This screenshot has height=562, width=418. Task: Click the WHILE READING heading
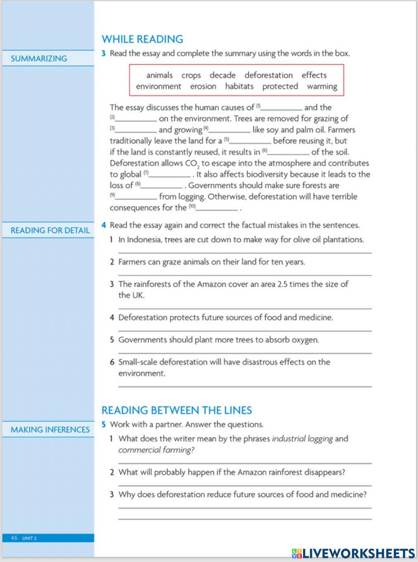142,39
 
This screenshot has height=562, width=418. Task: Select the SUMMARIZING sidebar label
38,59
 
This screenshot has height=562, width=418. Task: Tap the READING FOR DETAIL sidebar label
50,230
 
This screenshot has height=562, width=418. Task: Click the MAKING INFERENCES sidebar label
50,430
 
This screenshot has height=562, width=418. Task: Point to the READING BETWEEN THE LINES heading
176,410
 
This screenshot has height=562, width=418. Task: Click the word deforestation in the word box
268,76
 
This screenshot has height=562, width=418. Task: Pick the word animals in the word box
159,76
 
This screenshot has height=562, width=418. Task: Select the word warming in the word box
321,86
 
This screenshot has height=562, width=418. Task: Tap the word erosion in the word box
203,86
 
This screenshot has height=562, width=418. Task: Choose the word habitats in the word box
239,86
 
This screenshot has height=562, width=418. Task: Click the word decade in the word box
222,76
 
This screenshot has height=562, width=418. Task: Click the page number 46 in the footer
14,538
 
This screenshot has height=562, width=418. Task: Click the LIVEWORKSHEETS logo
353,553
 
